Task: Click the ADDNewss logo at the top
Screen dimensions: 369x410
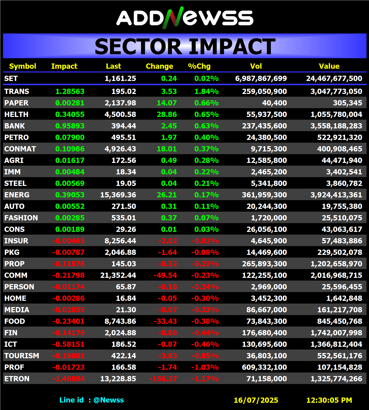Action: coord(185,18)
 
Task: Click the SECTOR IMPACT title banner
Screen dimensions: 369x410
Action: coord(185,46)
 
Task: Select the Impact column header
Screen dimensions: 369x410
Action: coord(64,66)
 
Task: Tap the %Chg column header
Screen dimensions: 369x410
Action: coord(199,66)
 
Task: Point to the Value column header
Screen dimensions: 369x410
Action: coord(329,66)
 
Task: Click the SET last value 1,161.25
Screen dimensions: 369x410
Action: coord(120,78)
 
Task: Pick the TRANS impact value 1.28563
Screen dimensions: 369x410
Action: coord(70,91)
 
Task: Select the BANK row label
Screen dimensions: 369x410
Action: coord(15,126)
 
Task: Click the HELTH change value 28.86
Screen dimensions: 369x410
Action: coord(167,114)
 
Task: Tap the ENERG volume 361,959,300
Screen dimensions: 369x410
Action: coord(264,195)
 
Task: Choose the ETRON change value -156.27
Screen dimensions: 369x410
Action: coord(163,379)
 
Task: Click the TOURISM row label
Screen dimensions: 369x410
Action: coord(22,356)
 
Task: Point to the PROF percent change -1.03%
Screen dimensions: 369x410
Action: coord(205,367)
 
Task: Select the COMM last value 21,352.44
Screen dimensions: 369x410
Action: coord(118,275)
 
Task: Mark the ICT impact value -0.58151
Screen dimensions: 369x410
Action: coord(68,344)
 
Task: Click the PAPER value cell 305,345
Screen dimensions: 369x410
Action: coord(347,103)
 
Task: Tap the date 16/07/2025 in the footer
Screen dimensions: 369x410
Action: coord(256,400)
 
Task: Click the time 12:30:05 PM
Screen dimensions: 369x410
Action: coord(329,400)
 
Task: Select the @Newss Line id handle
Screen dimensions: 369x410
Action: coord(109,400)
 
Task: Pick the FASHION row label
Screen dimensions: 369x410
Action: coord(21,218)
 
